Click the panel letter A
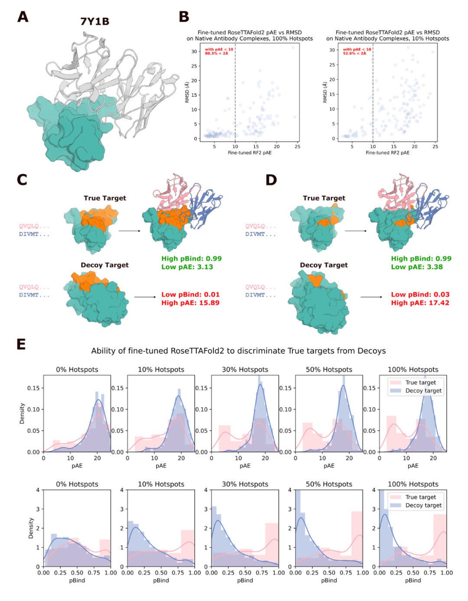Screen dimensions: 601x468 pos(23,17)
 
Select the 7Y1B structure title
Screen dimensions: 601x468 pos(94,22)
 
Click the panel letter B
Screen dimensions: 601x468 pos(184,17)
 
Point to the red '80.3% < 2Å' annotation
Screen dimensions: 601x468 pos(217,53)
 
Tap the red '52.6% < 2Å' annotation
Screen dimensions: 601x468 pos(354,53)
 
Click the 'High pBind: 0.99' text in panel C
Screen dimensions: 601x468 pos(191,259)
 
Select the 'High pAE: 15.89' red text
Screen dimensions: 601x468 pos(190,303)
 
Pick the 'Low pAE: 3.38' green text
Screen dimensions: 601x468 pos(416,267)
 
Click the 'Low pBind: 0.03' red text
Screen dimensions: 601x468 pos(420,295)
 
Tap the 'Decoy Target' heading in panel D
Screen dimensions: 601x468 pos(324,265)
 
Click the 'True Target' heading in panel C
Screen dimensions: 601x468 pos(105,198)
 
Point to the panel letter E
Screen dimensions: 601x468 pos(21,344)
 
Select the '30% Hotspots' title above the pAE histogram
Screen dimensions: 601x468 pos(245,370)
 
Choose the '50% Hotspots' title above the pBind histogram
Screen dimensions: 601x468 pos(329,484)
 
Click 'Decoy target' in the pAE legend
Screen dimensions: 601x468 pos(423,391)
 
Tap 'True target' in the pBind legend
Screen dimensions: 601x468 pos(420,497)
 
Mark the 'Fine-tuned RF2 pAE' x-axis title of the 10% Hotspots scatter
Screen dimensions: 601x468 pos(387,153)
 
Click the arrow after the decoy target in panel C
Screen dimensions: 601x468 pos(145,297)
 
